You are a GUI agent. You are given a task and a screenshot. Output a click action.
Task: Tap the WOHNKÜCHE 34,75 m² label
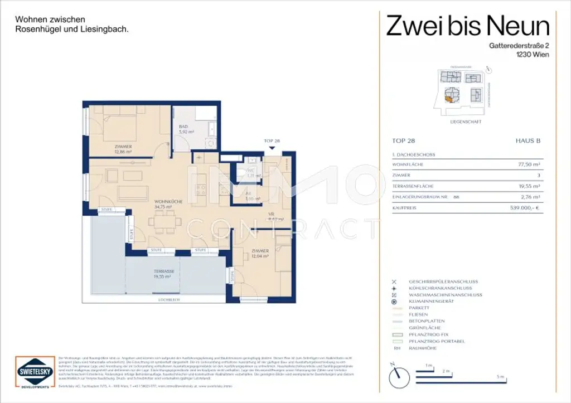[166, 204]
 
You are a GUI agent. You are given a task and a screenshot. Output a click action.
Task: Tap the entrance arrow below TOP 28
[272, 148]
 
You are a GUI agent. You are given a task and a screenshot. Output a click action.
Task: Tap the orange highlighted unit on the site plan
[448, 99]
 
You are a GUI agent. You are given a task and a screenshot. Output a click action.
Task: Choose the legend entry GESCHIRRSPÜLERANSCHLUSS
[443, 281]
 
